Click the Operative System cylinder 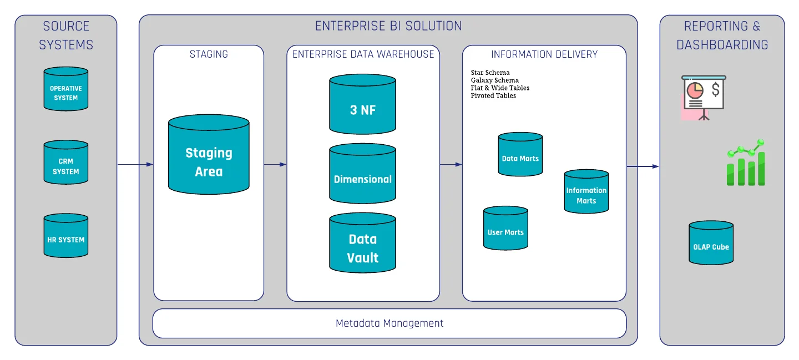tap(66, 90)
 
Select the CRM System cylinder tap(66, 163)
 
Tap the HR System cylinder tap(66, 237)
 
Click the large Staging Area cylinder tap(209, 156)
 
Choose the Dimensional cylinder tap(363, 175)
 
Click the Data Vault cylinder tap(363, 245)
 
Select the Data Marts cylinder tap(520, 155)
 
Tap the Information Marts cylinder tap(586, 192)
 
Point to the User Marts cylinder tap(505, 229)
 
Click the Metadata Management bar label tap(390, 323)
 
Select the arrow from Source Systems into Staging tap(135, 164)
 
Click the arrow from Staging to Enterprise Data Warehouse tap(275, 164)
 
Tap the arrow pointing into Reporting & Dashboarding tap(643, 166)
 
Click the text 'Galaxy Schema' tap(494, 80)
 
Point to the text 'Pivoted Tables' tap(493, 95)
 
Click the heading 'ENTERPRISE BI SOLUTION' tap(388, 26)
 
